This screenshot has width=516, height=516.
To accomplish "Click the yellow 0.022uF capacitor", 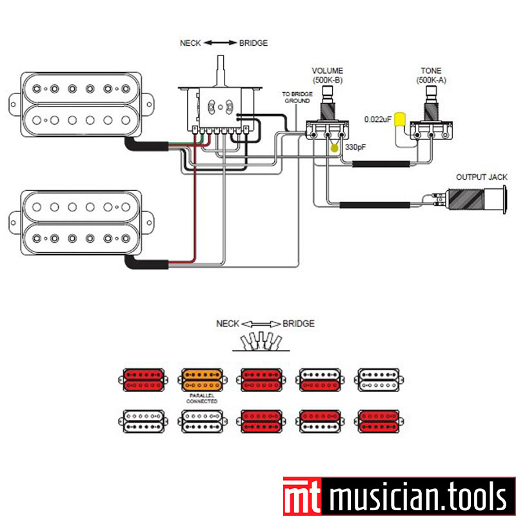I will pyautogui.click(x=400, y=119).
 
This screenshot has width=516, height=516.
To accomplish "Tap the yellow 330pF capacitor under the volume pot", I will pyautogui.click(x=335, y=148).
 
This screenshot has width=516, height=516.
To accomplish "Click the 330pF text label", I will pyautogui.click(x=355, y=148).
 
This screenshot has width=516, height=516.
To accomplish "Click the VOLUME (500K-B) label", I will pyautogui.click(x=327, y=75).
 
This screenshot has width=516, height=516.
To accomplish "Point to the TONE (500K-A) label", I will pyautogui.click(x=430, y=75).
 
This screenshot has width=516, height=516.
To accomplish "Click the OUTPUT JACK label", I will pyautogui.click(x=477, y=177).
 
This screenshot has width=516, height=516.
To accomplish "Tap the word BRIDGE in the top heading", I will pyautogui.click(x=253, y=43).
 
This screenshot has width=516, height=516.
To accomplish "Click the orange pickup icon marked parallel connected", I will pyautogui.click(x=201, y=380).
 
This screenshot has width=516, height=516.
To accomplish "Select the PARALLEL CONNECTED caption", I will pyautogui.click(x=201, y=398).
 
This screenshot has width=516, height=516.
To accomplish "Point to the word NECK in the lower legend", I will pyautogui.click(x=228, y=323).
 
